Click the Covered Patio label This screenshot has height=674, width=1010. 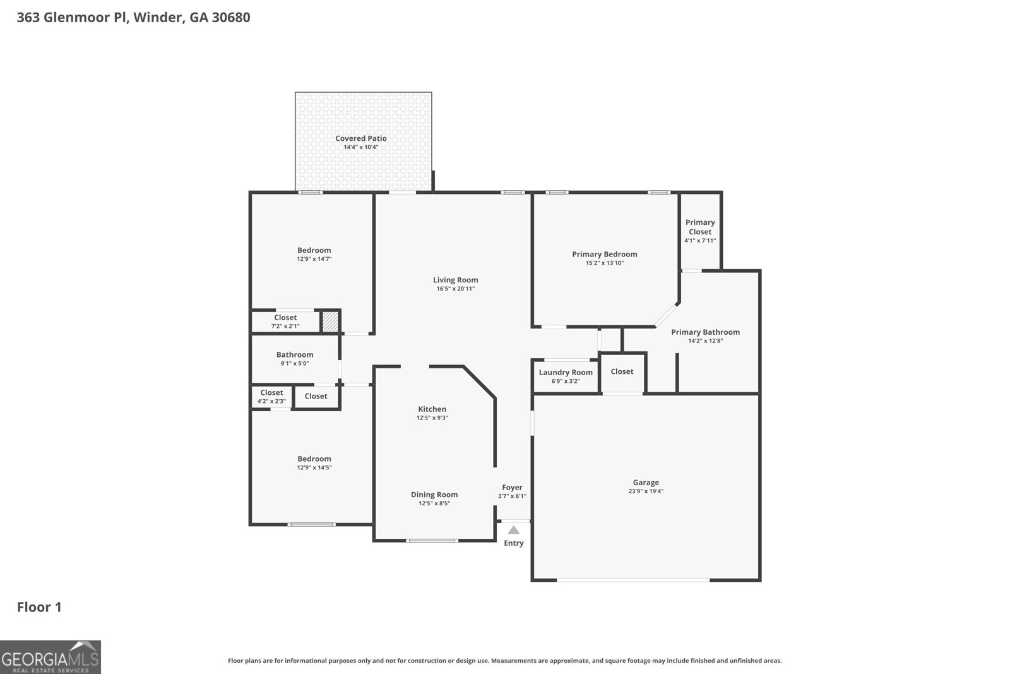tap(360, 138)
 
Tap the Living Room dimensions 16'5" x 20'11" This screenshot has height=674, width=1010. tap(455, 289)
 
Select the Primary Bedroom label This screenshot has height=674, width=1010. tap(604, 254)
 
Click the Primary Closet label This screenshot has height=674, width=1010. tap(700, 227)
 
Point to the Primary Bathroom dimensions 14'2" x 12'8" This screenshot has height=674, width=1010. tap(705, 341)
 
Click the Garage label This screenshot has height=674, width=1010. tap(645, 483)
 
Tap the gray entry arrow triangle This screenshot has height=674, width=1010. tap(514, 530)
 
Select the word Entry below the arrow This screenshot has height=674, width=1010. tap(514, 543)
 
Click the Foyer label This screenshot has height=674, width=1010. tap(512, 487)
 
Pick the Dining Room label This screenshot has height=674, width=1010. tap(434, 495)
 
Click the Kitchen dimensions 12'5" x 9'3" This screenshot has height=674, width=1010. tap(432, 418)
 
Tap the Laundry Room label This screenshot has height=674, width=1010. tap(566, 372)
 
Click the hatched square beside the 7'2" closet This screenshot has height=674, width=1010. tap(330, 322)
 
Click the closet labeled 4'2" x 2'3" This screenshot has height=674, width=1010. tap(271, 397)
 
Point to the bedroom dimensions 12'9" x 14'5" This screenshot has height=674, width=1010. tap(314, 468)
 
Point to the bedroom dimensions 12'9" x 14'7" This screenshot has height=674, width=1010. tap(314, 259)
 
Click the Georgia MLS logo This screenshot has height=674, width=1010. tap(50, 657)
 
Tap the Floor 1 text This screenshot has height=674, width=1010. tap(39, 607)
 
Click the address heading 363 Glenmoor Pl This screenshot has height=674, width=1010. tap(133, 17)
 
